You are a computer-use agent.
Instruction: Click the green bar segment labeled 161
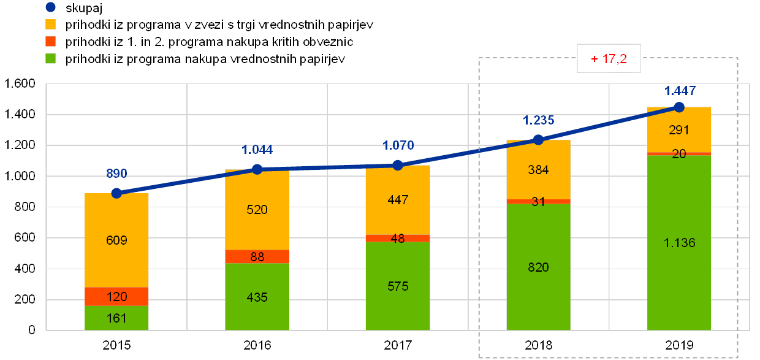click(116, 318)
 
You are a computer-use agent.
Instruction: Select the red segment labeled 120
click(116, 296)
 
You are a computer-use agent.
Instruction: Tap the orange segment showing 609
click(116, 240)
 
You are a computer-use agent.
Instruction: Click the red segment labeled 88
click(257, 256)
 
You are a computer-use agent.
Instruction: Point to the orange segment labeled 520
click(257, 210)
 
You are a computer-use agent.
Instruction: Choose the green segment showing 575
click(398, 286)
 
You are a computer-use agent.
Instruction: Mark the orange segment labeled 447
click(398, 200)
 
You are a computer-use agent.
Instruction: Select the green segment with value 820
click(539, 267)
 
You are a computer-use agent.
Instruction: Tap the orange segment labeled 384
click(539, 170)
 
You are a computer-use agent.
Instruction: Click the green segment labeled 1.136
click(679, 242)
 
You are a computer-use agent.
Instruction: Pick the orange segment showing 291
click(679, 130)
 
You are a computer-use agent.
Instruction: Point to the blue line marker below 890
click(116, 193)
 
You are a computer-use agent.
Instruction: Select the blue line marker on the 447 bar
click(398, 165)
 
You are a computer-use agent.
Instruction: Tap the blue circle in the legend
click(51, 8)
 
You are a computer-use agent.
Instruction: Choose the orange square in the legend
click(51, 25)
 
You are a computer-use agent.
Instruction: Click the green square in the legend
click(51, 59)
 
